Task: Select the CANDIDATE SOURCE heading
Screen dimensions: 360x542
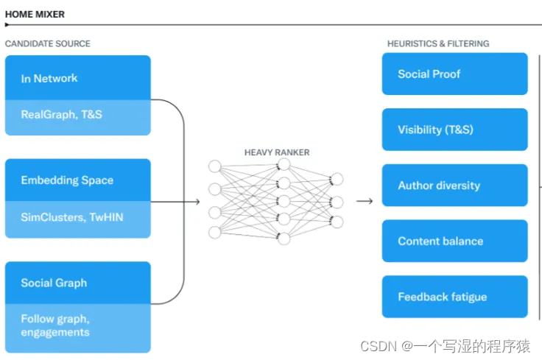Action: (x=48, y=44)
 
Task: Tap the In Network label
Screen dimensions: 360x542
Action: (x=49, y=78)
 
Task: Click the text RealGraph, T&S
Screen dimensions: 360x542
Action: (x=61, y=115)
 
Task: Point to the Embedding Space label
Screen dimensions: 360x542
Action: (x=67, y=180)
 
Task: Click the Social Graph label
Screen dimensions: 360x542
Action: (x=54, y=283)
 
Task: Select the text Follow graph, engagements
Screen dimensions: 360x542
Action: (x=55, y=325)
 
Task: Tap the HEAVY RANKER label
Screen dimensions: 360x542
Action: (x=277, y=152)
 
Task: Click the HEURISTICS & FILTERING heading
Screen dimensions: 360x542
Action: (x=438, y=44)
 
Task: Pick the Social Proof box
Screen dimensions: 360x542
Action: (x=454, y=74)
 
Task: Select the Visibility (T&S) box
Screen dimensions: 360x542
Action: (x=454, y=130)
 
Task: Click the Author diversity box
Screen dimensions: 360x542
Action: (x=454, y=186)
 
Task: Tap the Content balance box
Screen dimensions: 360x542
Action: (x=454, y=241)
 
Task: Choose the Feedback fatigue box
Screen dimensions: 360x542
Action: (x=454, y=297)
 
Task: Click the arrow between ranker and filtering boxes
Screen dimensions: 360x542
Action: (x=364, y=201)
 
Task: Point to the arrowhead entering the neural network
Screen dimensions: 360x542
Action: (x=197, y=201)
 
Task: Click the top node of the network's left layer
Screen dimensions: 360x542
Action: (x=214, y=166)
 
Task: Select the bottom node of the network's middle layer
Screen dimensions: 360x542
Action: (x=284, y=238)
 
